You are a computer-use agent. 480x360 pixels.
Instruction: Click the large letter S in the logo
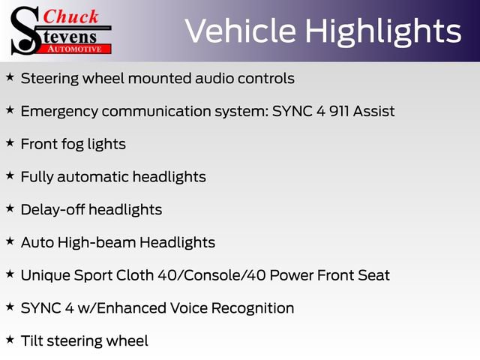(x=24, y=30)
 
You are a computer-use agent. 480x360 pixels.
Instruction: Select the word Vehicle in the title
(x=235, y=31)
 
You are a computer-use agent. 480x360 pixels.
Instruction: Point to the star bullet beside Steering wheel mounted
(x=10, y=77)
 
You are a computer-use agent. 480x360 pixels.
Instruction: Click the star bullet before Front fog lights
(x=10, y=143)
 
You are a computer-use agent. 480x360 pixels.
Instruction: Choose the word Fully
(x=37, y=177)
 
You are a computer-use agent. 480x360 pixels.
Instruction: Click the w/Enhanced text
(x=124, y=307)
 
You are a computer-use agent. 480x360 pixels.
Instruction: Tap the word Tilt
(x=31, y=340)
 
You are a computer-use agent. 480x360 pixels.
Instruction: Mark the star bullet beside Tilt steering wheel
(x=10, y=340)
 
